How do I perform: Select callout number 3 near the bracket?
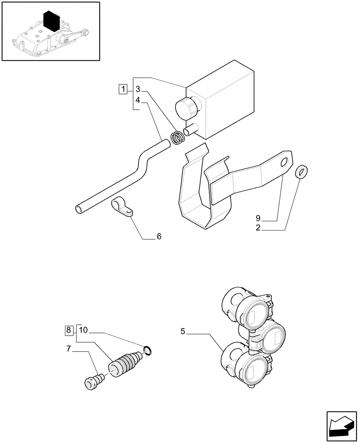pos(138,89)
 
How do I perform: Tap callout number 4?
pos(138,101)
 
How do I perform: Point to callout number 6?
pos(158,237)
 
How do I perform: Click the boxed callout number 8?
pos(69,330)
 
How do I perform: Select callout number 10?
pos(84,330)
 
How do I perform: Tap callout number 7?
pos(69,349)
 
